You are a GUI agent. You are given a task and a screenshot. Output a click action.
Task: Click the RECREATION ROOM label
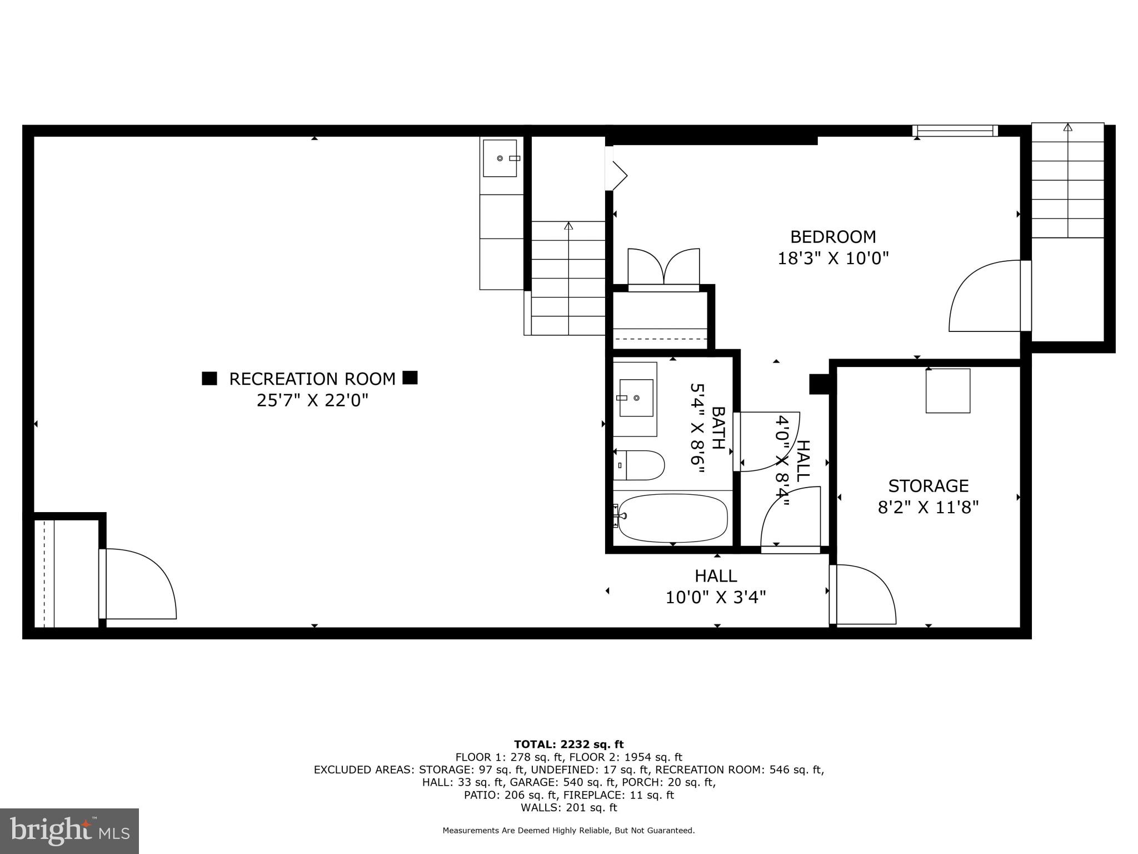click(x=312, y=379)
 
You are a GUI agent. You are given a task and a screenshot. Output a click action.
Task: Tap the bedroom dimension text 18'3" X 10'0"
click(x=833, y=259)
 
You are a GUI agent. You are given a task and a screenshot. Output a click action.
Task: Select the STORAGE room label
click(x=928, y=486)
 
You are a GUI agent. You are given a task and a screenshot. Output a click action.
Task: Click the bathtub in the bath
click(x=673, y=518)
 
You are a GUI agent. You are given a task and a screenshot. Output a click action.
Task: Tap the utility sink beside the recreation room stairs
click(x=500, y=158)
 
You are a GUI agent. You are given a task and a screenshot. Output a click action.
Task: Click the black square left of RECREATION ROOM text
click(x=209, y=379)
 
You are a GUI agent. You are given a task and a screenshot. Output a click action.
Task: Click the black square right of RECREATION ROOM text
click(x=410, y=378)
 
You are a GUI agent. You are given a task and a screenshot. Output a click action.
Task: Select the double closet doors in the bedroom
click(x=663, y=269)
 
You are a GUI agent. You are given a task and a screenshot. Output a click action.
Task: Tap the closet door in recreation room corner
click(x=139, y=584)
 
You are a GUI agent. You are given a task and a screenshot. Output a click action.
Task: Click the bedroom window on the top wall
click(x=955, y=131)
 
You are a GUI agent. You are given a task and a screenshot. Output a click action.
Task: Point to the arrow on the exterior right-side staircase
click(x=1067, y=128)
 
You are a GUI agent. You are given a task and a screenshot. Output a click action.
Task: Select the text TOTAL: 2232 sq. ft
click(x=568, y=744)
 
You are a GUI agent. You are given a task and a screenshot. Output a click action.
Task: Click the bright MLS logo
click(x=69, y=831)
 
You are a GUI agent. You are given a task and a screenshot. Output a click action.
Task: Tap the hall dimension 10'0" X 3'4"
click(x=716, y=598)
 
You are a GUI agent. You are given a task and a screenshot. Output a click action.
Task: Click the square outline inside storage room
click(x=947, y=391)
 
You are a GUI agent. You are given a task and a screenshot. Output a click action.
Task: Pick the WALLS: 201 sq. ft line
click(x=568, y=808)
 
